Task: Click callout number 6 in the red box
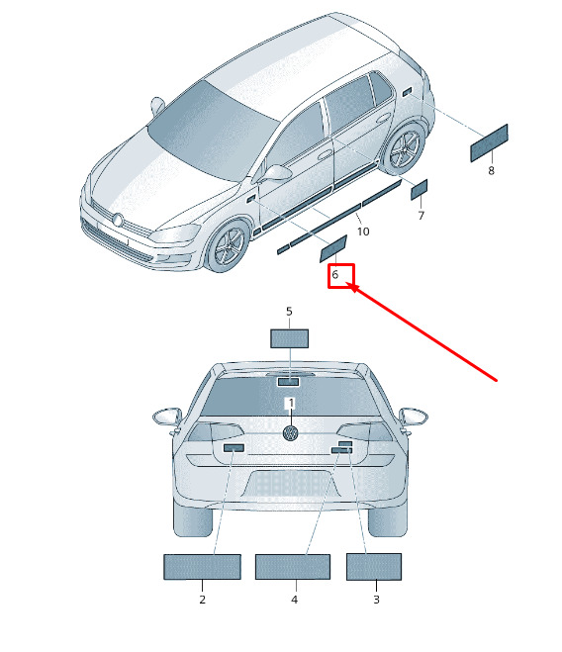(334, 275)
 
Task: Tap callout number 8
(492, 170)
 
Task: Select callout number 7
(421, 216)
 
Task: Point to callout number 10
(363, 232)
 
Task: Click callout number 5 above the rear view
(289, 311)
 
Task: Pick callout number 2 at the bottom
(202, 600)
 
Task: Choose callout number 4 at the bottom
(295, 600)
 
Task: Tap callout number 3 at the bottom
(376, 600)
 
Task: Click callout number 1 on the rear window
(291, 403)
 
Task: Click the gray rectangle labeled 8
(489, 143)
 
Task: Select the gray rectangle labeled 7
(419, 190)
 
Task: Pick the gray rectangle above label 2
(202, 567)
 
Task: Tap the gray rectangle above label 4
(293, 567)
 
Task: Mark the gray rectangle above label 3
(374, 566)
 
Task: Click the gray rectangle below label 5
(290, 338)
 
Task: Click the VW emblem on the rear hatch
(290, 433)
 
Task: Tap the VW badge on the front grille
(118, 220)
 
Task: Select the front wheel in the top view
(227, 246)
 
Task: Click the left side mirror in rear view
(167, 417)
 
